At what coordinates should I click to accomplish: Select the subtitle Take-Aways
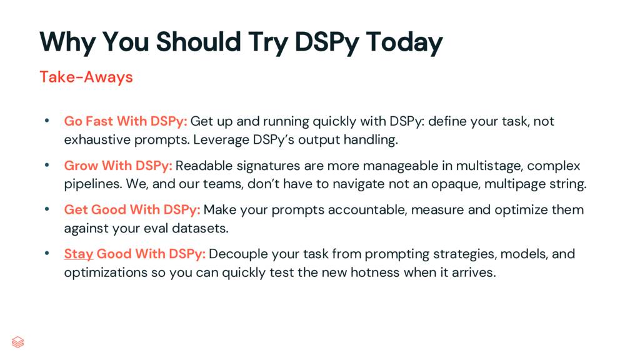click(x=86, y=77)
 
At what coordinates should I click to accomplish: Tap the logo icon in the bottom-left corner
click(x=18, y=342)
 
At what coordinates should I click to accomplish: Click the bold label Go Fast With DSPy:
click(x=126, y=121)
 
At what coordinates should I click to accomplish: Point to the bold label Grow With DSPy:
click(x=118, y=166)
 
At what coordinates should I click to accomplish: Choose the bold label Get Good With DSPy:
click(x=132, y=209)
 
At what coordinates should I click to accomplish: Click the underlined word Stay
click(x=79, y=254)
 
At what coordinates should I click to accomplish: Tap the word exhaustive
click(x=95, y=139)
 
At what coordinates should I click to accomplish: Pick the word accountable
click(x=369, y=209)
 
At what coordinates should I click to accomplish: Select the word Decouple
click(x=236, y=254)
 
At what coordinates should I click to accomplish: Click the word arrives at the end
click(x=473, y=272)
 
